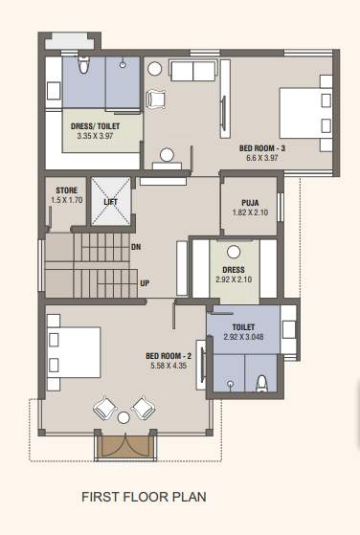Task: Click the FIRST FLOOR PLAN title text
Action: coord(144,497)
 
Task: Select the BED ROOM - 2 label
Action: coord(169,355)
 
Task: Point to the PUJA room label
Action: coord(238,202)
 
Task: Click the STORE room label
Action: coord(65,190)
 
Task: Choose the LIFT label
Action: coord(110,202)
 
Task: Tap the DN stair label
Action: coord(136,246)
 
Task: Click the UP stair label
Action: coord(145,283)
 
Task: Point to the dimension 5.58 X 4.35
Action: coord(169,365)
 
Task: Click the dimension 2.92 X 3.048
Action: coord(242,338)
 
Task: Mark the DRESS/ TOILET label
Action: coord(95,126)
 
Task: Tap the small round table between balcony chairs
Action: coord(123,418)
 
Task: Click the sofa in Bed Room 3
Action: coord(193,71)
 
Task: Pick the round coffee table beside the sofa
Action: coord(155,68)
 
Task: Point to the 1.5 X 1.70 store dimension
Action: coord(65,200)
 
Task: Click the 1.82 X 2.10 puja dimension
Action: coord(238,212)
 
